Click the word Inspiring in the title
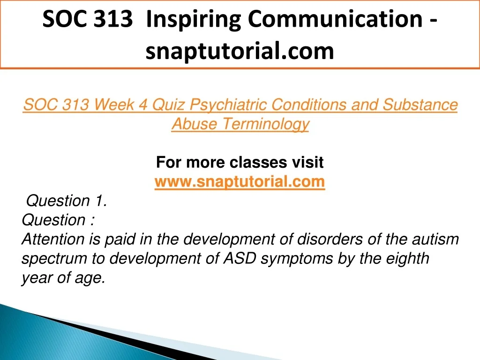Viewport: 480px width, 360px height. coord(194,20)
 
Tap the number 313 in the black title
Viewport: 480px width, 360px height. coord(113,18)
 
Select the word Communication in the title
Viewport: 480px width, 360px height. coord(335,18)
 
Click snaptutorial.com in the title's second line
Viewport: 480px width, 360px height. coord(240,51)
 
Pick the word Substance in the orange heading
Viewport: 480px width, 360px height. coord(420,105)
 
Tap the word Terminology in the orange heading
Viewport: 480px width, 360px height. coord(266,124)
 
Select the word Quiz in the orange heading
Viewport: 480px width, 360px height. coord(168,105)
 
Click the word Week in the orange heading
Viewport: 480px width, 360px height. coord(114,105)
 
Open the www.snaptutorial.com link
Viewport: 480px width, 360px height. coord(240,181)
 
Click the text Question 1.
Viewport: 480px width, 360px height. coord(67,201)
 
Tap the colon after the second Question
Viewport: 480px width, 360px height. coord(92,220)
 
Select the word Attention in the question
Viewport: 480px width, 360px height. coord(52,239)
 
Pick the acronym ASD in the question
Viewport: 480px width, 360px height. coord(240,258)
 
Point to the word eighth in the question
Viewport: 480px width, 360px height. coord(407,259)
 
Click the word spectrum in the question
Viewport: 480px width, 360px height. coord(54,259)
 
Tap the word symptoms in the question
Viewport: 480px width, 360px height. coord(297,259)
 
